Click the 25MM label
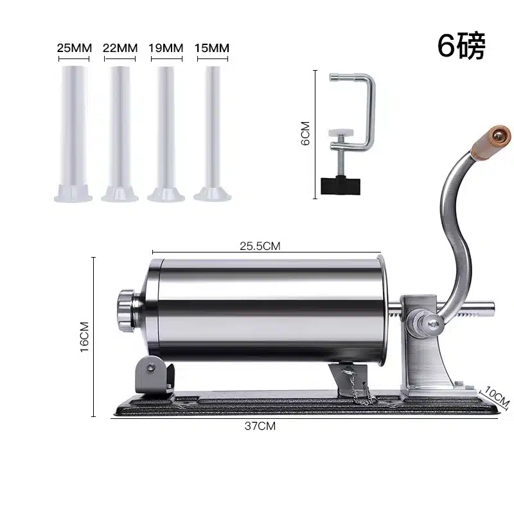(74, 48)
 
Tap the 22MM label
(120, 48)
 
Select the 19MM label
(166, 48)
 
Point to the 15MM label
(212, 48)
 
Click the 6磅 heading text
(461, 46)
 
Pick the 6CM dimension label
(305, 133)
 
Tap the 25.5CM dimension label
(260, 246)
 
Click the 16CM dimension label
(84, 337)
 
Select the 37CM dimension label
(260, 426)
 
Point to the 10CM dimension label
(497, 396)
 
